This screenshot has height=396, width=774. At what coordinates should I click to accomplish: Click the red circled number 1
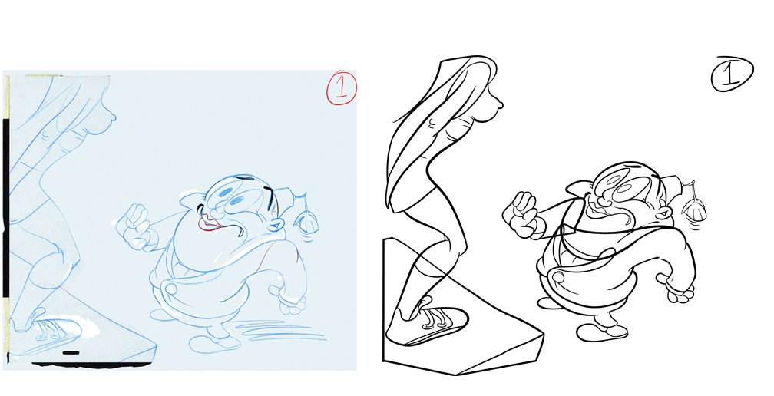(341, 87)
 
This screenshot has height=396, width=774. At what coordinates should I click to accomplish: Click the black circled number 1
(732, 74)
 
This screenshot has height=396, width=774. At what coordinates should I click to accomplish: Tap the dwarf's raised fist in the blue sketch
(136, 224)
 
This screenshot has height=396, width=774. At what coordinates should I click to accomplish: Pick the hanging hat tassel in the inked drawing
(693, 203)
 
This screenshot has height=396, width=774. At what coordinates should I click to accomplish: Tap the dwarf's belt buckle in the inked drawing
(558, 276)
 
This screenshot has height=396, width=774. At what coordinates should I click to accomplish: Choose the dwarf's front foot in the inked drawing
(601, 332)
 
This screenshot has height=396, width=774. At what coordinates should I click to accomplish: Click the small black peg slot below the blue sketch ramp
(71, 352)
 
